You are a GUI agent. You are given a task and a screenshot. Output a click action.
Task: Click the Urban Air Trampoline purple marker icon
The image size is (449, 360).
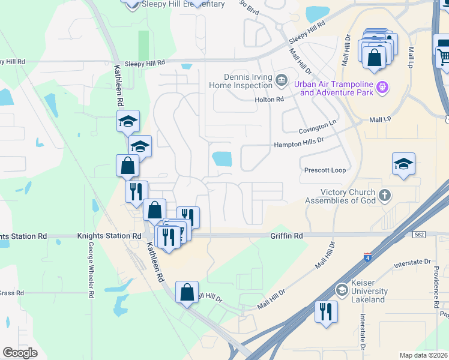[384, 89]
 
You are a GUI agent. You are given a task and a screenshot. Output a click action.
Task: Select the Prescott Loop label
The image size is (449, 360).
[325, 170]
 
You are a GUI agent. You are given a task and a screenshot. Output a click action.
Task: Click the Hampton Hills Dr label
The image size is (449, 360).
[299, 145]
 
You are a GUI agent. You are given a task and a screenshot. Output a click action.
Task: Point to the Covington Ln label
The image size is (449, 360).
[318, 128]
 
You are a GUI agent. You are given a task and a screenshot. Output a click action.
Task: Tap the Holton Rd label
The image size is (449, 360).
[269, 100]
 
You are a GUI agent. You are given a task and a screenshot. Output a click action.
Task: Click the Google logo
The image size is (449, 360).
[20, 352]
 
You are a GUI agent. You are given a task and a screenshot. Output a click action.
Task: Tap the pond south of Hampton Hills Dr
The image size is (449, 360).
[222, 158]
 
